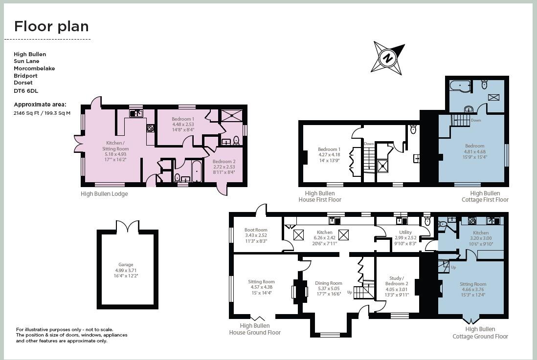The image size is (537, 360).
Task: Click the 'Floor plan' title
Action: coord(51,26)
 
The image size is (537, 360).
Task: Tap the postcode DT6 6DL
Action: coord(26,91)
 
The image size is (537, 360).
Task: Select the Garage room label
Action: coord(126,265)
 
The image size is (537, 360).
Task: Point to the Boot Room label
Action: coord(256,230)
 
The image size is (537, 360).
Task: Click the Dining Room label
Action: coord(329,283)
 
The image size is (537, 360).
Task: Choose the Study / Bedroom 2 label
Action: coord(396,280)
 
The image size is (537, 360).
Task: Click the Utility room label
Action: coord(405,232)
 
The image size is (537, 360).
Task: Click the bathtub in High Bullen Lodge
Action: coord(196,171)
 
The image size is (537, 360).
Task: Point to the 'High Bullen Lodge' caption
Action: coord(104,194)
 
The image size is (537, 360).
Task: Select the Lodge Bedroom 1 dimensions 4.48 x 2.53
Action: coord(183,125)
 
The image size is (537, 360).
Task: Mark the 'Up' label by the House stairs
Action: coord(349,292)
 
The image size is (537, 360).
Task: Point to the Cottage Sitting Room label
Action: coord(473,284)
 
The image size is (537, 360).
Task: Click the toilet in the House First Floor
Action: coord(413,129)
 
